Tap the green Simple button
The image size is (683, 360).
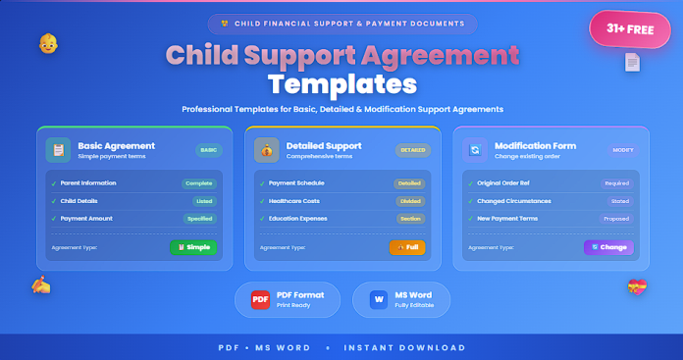193,247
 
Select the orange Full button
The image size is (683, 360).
407,247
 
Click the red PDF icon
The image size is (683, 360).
261,298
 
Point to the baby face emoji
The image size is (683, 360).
47,44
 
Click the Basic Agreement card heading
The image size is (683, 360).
116,145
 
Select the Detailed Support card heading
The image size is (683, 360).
325,145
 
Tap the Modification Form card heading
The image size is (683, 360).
535,145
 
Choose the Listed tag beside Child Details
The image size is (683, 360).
202,200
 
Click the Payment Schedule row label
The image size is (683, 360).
297,182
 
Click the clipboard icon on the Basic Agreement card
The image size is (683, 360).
59,150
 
